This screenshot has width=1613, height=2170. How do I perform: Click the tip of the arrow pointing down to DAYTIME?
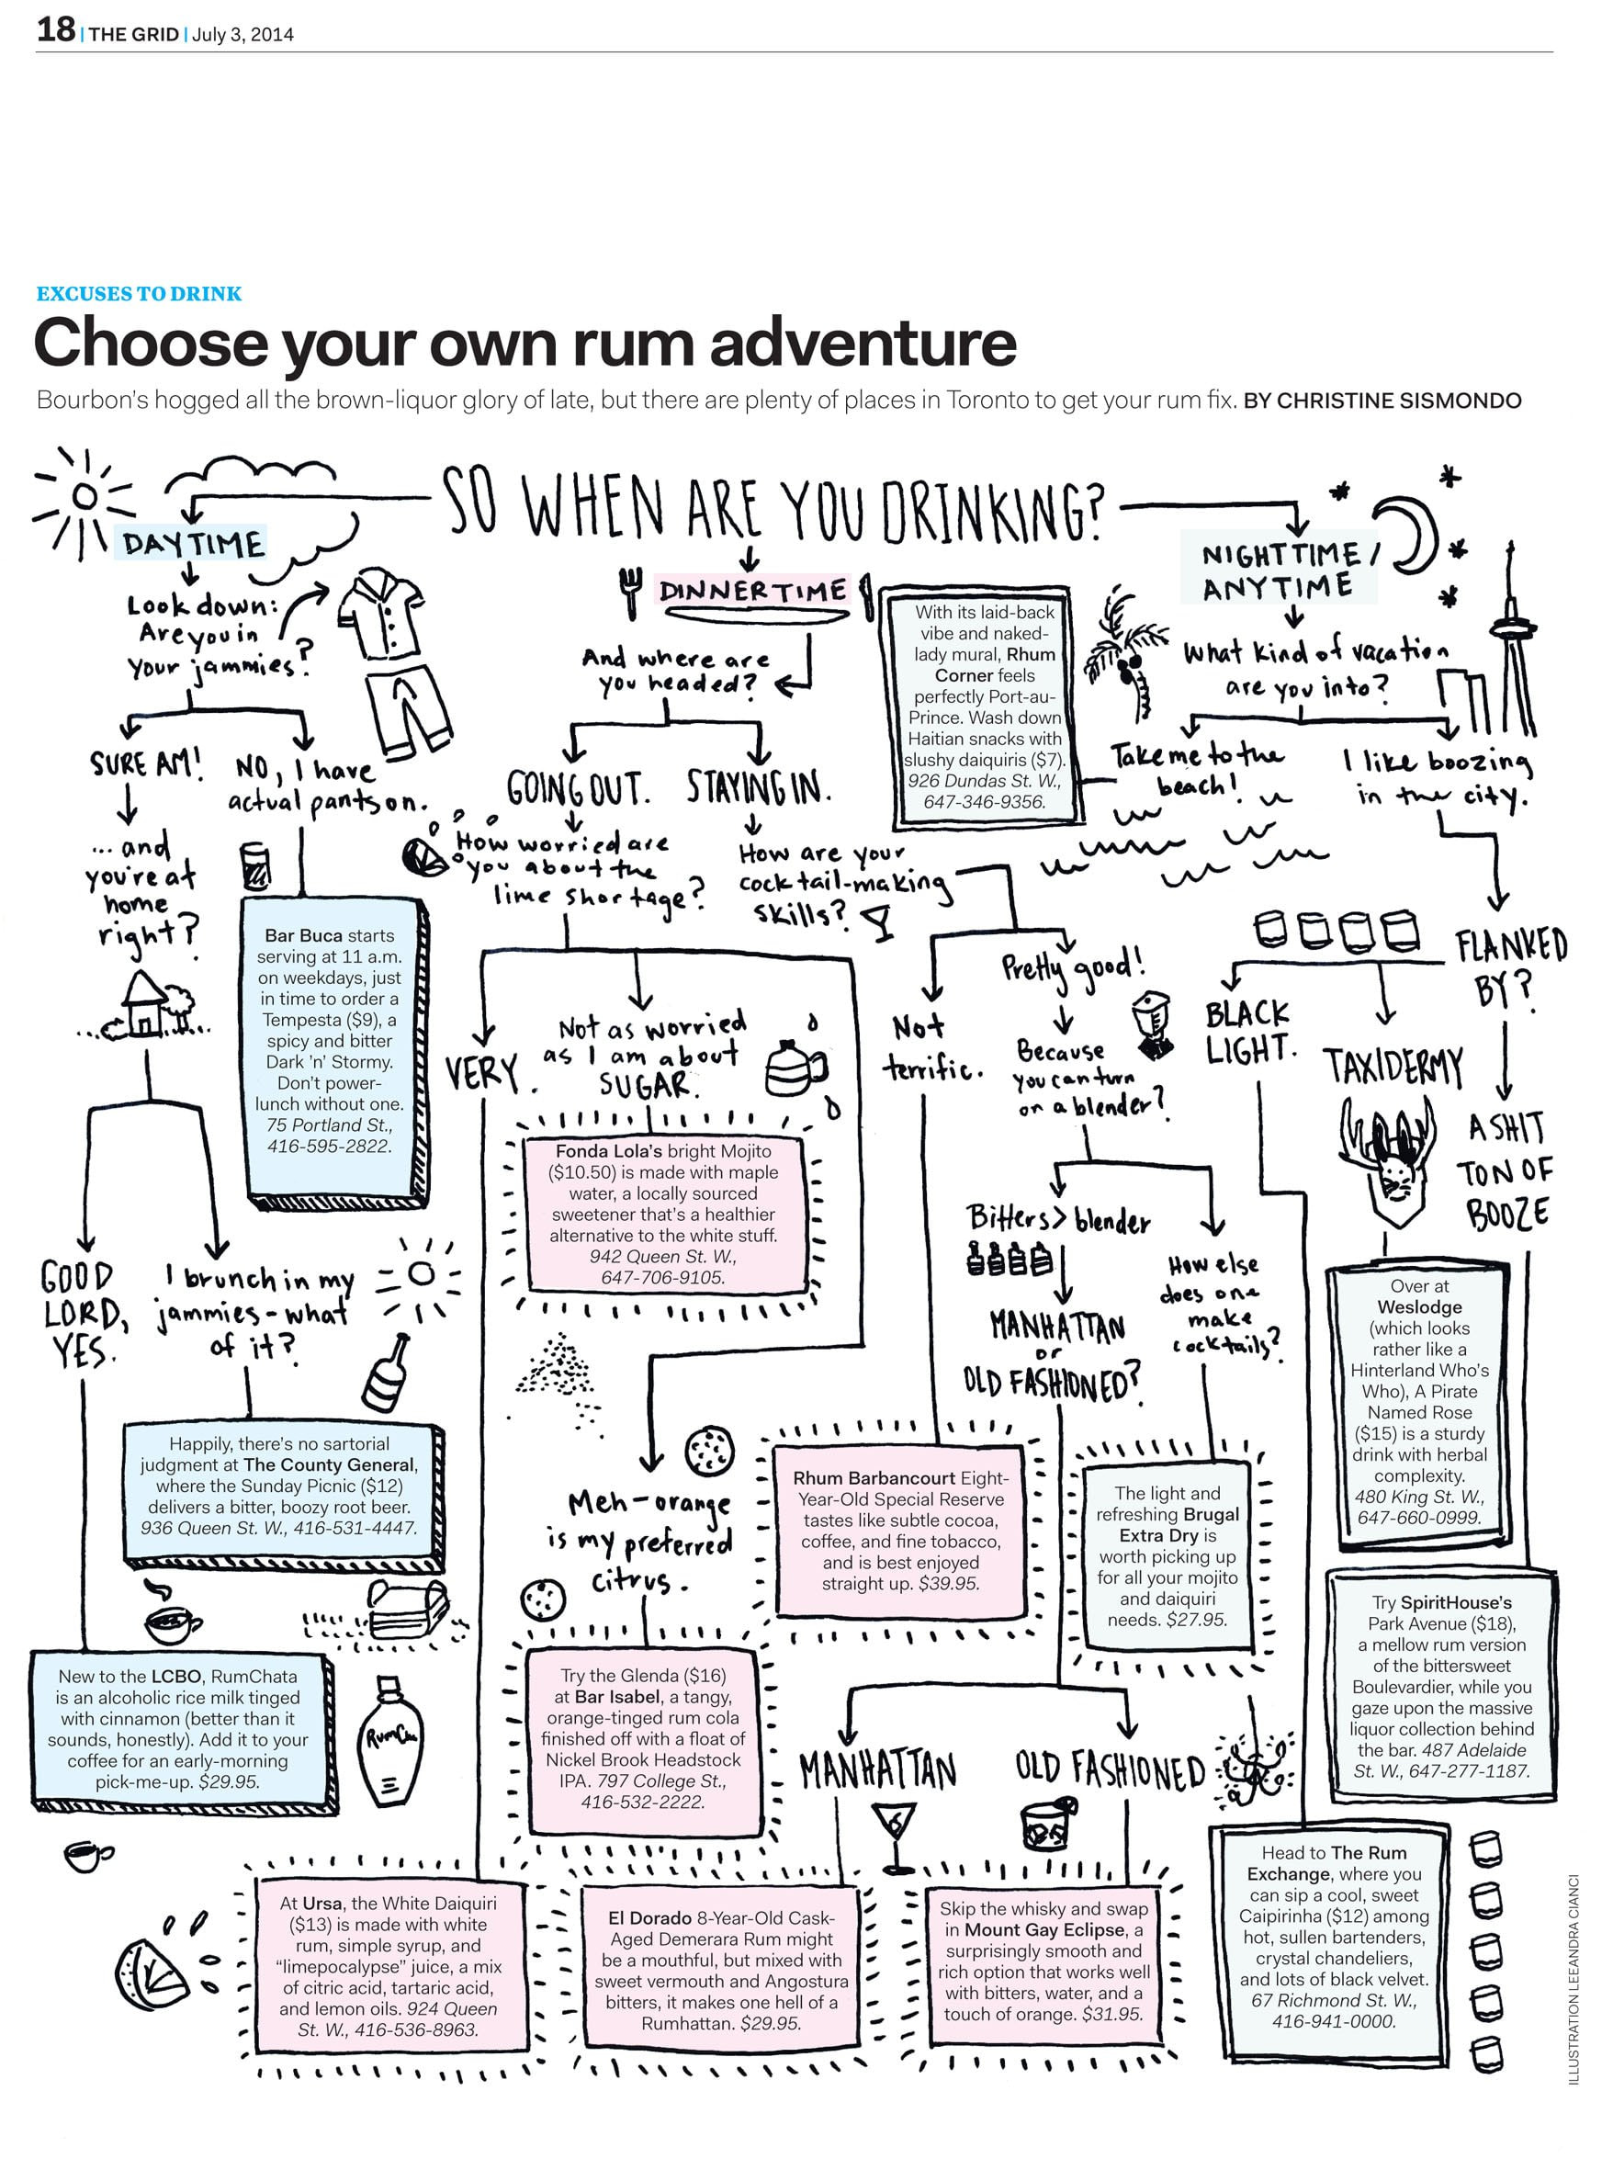[193, 524]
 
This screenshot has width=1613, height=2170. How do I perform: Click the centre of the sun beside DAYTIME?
[85, 496]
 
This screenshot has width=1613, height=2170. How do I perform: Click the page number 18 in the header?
[56, 30]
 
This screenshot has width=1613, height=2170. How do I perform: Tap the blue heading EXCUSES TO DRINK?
[139, 294]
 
